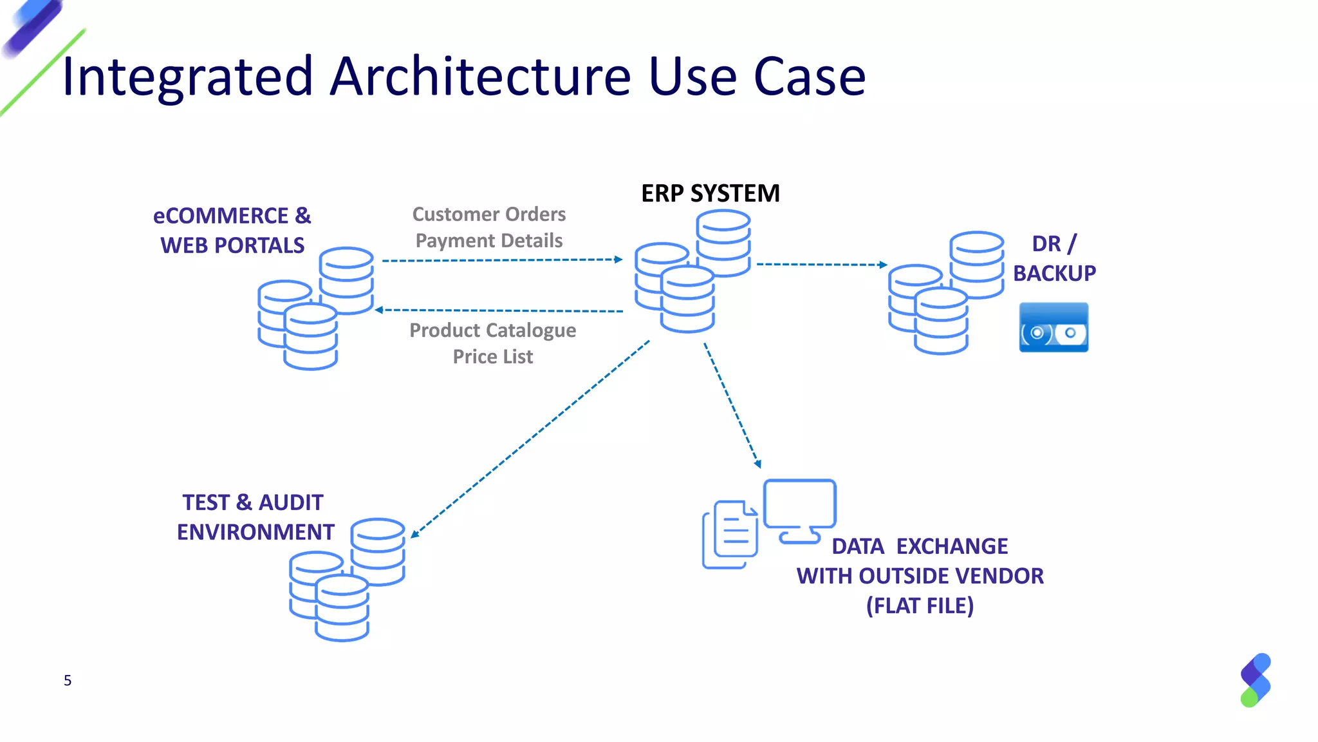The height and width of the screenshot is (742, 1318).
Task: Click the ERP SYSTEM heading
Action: [x=710, y=193]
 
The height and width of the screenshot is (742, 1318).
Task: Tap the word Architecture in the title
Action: [x=480, y=77]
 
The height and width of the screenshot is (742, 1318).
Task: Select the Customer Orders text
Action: [x=488, y=214]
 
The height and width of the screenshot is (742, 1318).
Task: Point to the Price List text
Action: [x=492, y=356]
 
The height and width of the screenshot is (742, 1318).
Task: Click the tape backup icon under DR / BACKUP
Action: [x=1053, y=327]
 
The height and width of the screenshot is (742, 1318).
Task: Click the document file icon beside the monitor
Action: [x=730, y=534]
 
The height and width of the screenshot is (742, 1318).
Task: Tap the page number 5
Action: [x=68, y=681]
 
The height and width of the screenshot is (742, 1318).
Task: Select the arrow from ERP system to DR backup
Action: [x=821, y=264]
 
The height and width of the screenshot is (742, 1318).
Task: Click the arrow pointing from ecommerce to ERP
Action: [x=502, y=260]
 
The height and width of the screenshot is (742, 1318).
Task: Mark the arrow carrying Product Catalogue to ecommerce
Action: [x=499, y=310]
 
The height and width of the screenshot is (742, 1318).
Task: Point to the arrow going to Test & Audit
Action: [x=529, y=439]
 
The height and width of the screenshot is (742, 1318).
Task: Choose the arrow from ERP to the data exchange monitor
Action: [x=732, y=404]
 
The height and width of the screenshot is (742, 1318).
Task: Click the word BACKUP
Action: [x=1053, y=274]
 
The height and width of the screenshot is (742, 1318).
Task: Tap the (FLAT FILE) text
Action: [x=919, y=605]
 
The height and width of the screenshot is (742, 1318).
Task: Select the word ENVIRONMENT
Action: [x=255, y=532]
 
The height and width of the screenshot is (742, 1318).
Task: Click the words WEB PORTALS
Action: [x=232, y=245]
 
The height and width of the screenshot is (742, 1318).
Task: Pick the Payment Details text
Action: [x=488, y=240]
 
